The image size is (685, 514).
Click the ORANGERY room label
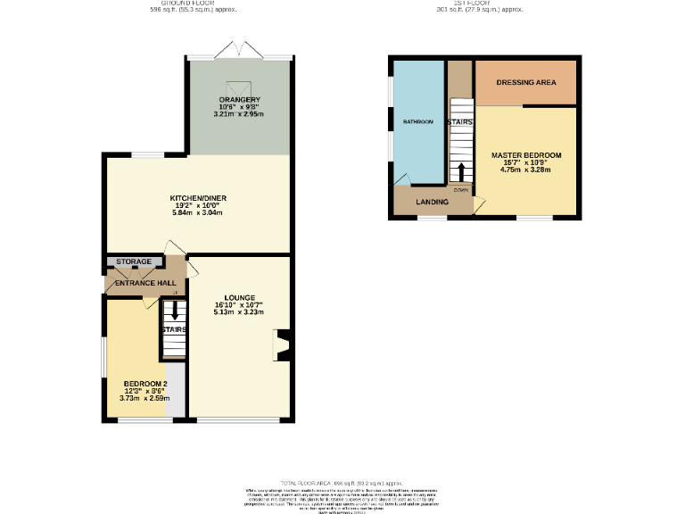[x=238, y=98]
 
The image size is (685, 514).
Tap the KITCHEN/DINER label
[x=196, y=197]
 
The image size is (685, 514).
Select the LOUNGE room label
[x=238, y=297]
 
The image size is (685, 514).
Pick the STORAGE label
[x=134, y=262]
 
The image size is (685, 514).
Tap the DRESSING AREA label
[x=525, y=82]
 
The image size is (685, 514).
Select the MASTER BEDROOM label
[x=526, y=154]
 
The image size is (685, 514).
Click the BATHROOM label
[x=417, y=121]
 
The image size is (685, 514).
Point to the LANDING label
[x=432, y=203]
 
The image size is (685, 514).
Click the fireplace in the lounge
[x=282, y=345]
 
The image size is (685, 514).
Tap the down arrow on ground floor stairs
[x=173, y=311]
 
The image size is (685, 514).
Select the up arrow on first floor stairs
[x=461, y=171]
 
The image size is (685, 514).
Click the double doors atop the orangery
[x=238, y=51]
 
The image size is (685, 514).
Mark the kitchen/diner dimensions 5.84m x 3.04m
[x=196, y=212]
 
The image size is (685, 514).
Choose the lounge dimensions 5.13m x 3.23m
[x=238, y=312]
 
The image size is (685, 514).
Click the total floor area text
[x=342, y=481]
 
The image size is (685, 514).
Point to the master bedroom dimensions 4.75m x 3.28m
[x=526, y=170]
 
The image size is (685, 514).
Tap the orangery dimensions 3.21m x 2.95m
[x=238, y=114]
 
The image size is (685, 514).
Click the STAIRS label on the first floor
[x=460, y=122]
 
